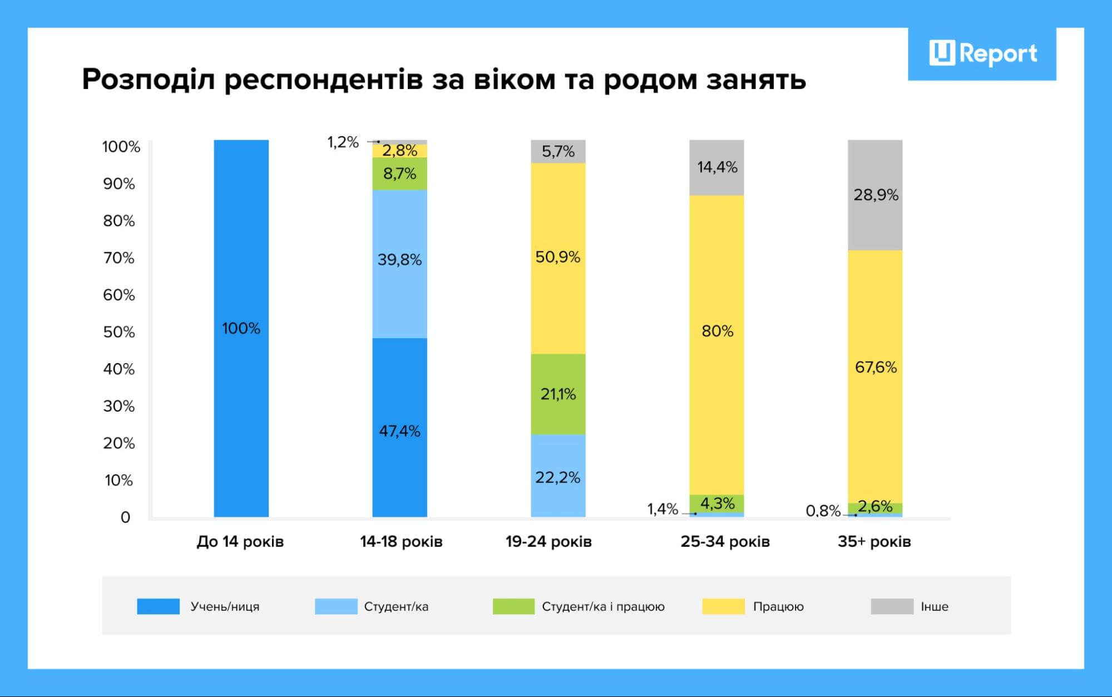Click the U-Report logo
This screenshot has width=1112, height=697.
pos(982,53)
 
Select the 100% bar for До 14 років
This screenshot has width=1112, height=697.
pos(241,328)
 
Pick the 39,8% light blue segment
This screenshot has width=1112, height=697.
pos(399,264)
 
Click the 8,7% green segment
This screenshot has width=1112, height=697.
pos(399,174)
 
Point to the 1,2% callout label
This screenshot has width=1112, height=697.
pos(343,142)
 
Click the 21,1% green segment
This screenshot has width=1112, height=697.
pos(557,394)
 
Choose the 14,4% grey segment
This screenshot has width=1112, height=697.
pos(716,167)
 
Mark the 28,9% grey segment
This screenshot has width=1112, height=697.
pos(875,195)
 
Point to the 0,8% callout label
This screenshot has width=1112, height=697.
pos(823,511)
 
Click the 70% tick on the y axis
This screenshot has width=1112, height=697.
pos(118,258)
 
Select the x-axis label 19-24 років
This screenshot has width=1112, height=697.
pos(548,541)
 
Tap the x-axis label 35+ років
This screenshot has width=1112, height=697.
pos(874,541)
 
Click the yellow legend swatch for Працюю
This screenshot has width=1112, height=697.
pos(723,606)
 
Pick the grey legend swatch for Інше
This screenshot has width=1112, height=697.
pos(892,606)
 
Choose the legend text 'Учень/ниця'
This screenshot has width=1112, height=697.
pos(225,606)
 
